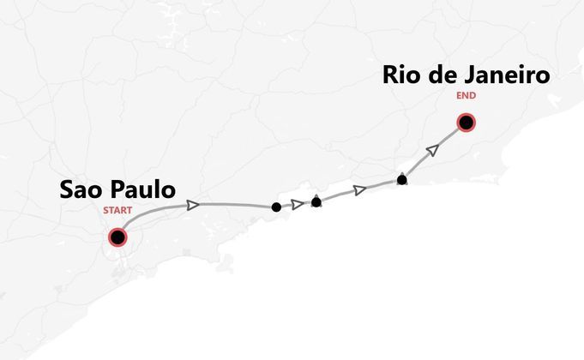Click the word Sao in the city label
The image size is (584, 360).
81,190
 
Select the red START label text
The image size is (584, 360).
117,211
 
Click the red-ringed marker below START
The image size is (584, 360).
117,237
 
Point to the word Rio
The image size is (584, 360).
403,75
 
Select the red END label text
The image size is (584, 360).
467,96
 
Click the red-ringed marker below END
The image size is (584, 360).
466,123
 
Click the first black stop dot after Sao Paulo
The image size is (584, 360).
276,207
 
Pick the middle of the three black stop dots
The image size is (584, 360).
316,202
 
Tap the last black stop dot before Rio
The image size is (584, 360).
402,180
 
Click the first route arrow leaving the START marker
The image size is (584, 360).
194,205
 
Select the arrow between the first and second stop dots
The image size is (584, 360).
298,204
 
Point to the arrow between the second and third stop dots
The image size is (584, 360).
360,189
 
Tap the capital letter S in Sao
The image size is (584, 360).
68,190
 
